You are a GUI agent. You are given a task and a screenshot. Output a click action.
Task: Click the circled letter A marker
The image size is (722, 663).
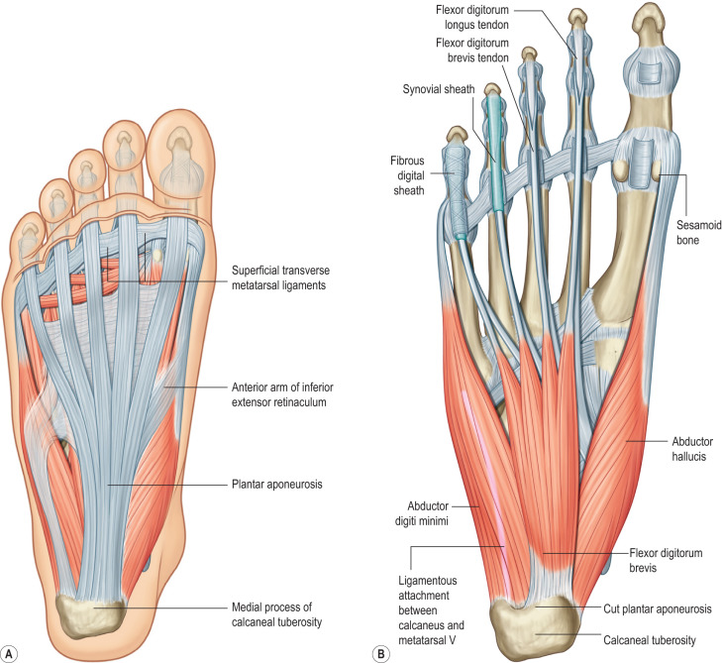tap(12, 651)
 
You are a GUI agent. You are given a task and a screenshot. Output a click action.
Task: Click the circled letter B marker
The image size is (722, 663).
tap(379, 651)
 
